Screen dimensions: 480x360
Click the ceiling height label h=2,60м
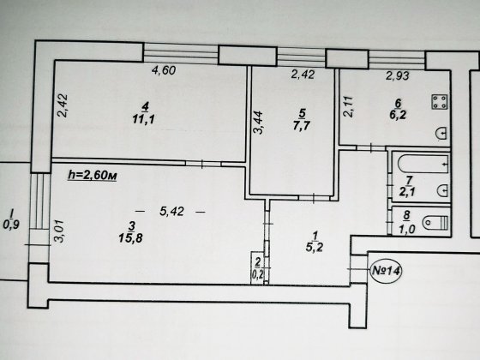93,176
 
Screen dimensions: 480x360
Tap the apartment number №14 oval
386,271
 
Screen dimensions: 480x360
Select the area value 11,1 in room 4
144,119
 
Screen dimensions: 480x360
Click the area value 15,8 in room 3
130,237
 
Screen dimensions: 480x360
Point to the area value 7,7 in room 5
301,125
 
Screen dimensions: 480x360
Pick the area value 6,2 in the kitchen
398,115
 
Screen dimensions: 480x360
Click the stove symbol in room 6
440,102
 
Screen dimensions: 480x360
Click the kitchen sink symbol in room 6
442,133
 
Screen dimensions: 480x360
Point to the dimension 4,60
164,70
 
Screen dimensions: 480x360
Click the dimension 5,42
171,211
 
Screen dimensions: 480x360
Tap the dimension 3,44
259,123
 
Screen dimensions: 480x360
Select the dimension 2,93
398,75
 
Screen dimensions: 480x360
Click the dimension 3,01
59,231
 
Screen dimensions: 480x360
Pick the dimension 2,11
348,106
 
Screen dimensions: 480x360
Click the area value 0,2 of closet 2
257,274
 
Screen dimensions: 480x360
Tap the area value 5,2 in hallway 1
315,247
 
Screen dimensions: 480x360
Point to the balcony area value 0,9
11,225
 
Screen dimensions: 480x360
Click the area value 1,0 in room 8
407,229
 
